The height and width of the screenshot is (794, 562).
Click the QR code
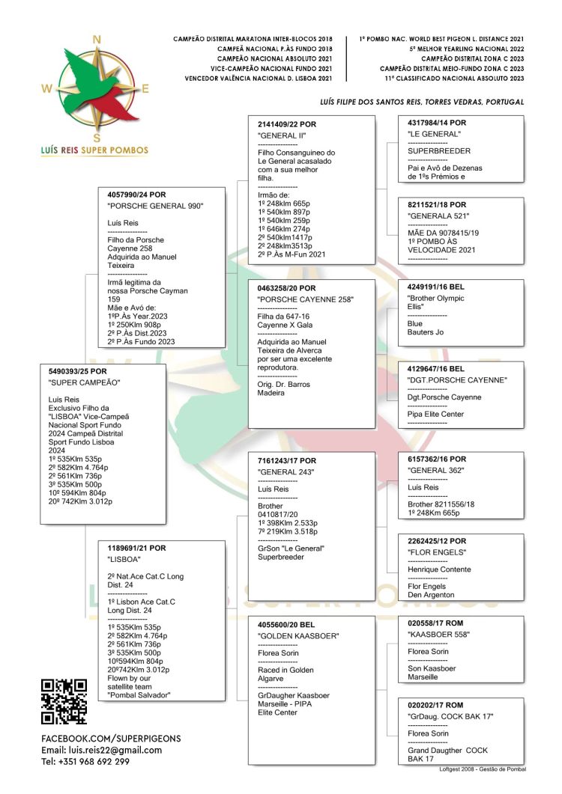click(64, 701)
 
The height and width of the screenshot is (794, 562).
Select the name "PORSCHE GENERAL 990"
click(155, 206)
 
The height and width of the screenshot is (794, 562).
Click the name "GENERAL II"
click(282, 135)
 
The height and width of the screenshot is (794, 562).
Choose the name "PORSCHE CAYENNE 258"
click(305, 300)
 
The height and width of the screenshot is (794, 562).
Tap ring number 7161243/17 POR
click(287, 461)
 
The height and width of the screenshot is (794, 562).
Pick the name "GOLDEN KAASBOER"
click(298, 636)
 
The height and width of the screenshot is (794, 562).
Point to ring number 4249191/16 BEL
click(436, 287)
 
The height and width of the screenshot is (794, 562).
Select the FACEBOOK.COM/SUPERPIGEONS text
click(111, 738)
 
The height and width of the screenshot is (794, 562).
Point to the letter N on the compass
click(96, 40)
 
